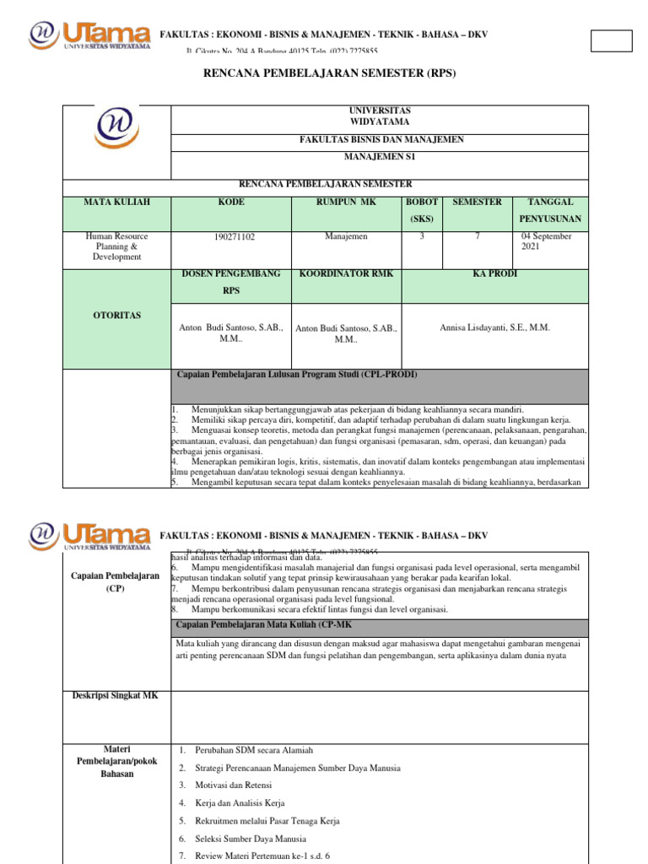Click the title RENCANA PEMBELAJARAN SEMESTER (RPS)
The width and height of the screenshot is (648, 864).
coord(329,73)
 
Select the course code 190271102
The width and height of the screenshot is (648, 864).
coord(235,238)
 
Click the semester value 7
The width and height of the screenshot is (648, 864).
coord(478,237)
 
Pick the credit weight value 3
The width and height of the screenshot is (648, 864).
coord(422,237)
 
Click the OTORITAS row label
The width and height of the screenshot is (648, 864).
coord(116,315)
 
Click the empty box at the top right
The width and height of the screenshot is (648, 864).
coord(611,40)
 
